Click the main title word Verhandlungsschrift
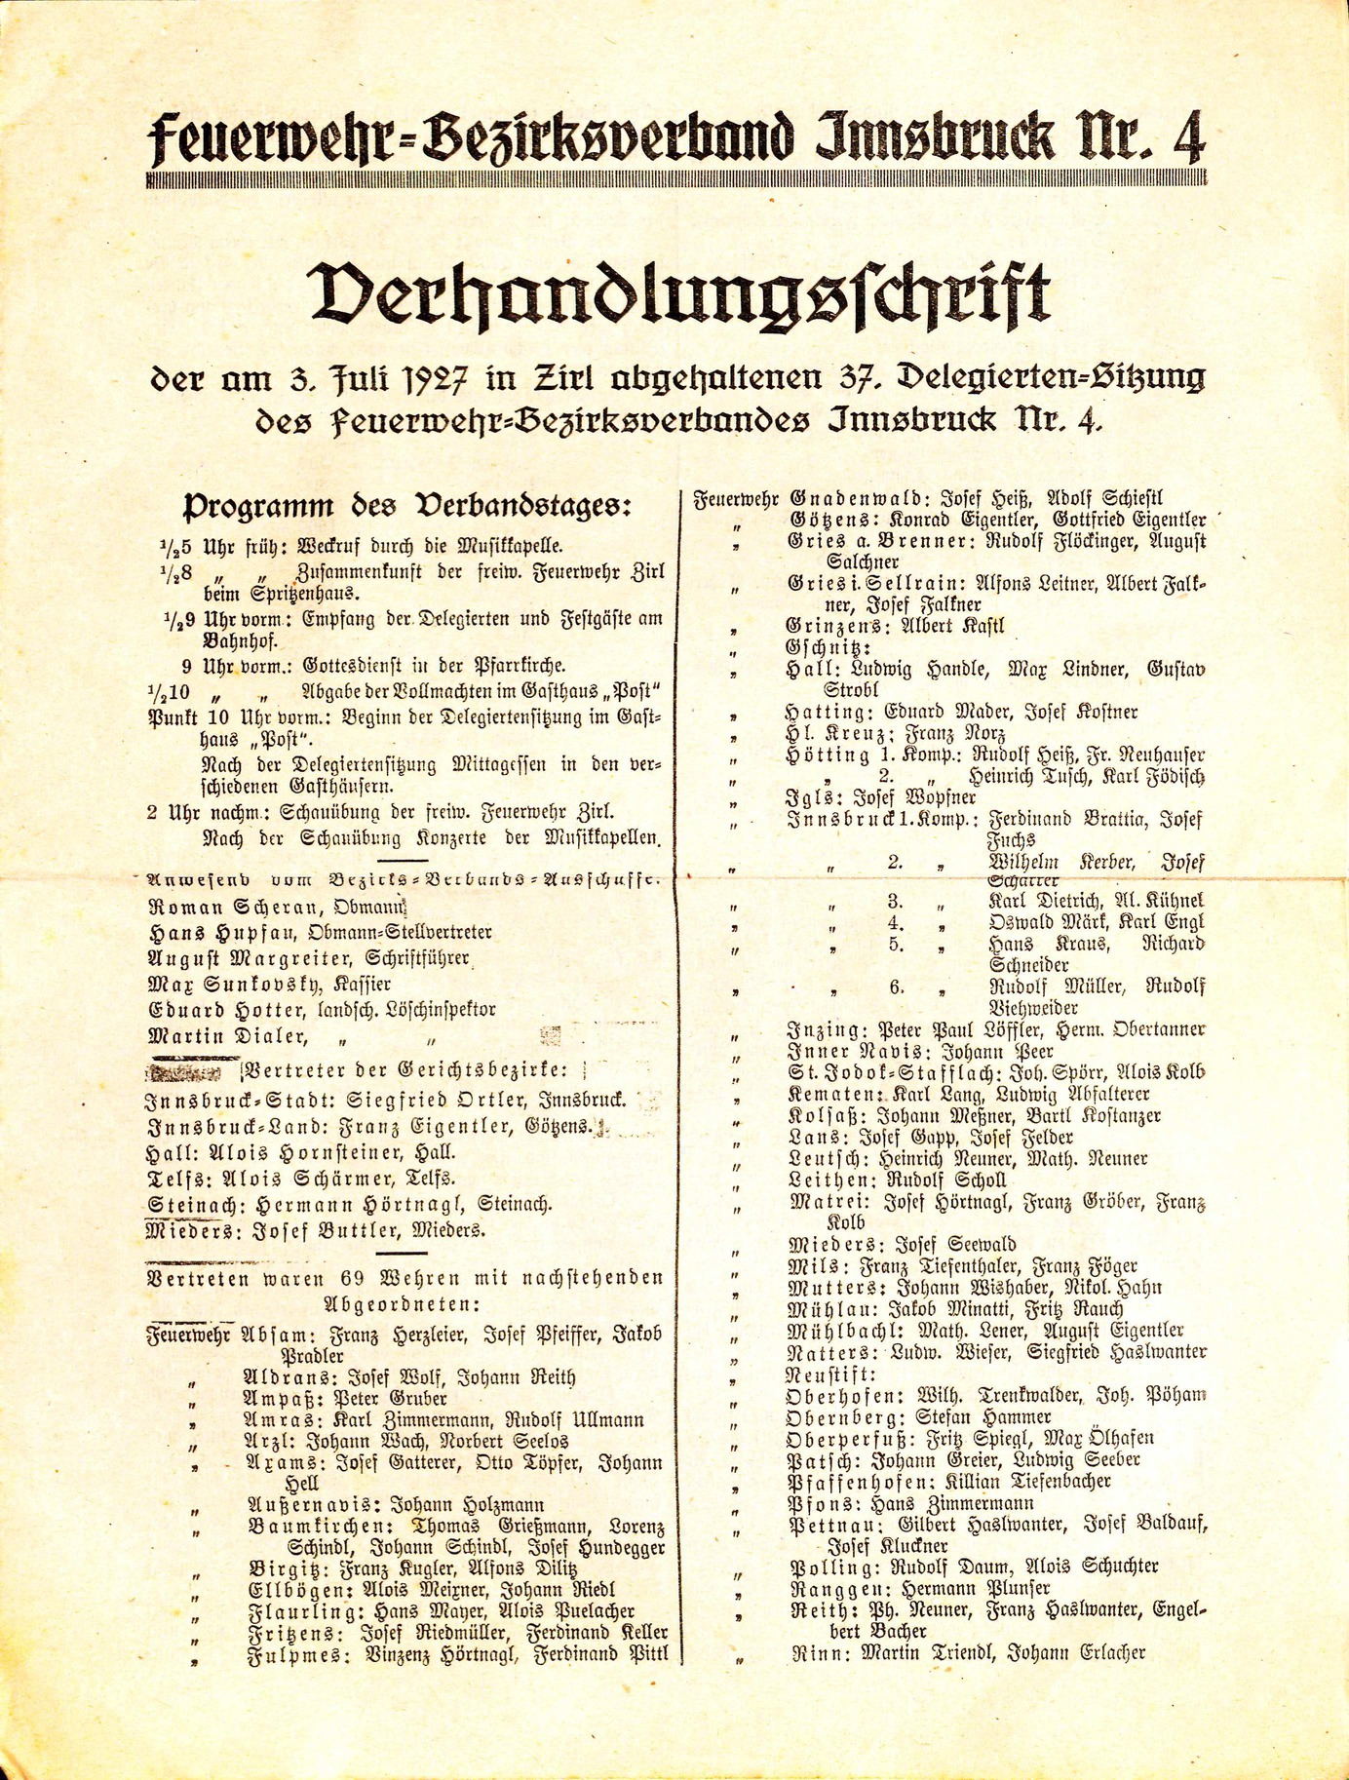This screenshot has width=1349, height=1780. tap(679, 296)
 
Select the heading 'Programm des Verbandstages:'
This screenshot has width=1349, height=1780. tap(407, 507)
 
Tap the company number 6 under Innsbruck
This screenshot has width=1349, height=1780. tap(896, 987)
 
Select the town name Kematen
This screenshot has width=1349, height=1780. tap(821, 1095)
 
